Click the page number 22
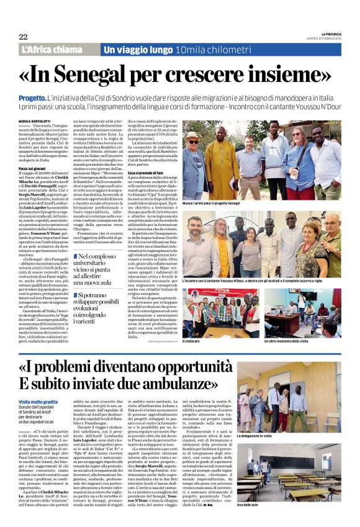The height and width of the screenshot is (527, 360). click(23, 37)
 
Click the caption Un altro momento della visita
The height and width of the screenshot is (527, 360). click(309, 341)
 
